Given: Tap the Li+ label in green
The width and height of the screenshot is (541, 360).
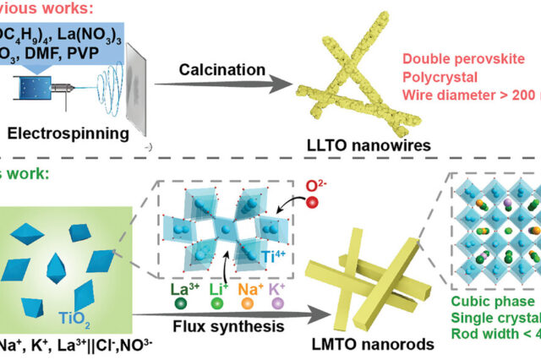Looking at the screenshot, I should (x=217, y=290).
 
